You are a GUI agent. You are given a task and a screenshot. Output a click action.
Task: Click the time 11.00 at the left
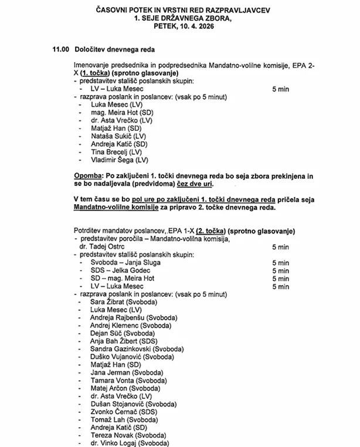(61, 50)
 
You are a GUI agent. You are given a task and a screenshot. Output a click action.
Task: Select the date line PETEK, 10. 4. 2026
(182, 26)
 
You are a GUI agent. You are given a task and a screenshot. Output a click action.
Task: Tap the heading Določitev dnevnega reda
(114, 50)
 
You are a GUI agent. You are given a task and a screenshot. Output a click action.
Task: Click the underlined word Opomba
(87, 176)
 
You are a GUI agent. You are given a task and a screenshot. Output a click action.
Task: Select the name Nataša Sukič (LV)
(118, 136)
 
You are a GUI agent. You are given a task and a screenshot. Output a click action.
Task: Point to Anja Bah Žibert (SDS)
(124, 340)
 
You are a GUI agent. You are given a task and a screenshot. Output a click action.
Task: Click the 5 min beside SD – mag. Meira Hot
(280, 279)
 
